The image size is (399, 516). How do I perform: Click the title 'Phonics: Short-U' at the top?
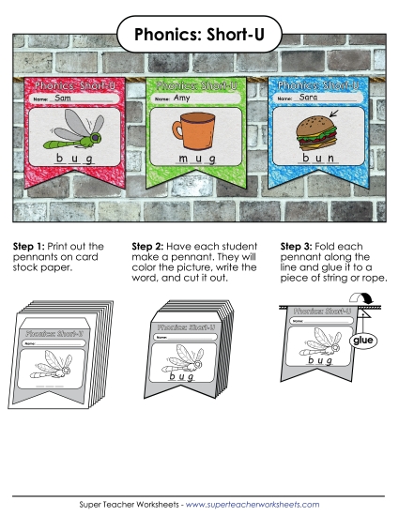click(199, 35)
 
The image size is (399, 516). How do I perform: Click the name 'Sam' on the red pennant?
click(63, 98)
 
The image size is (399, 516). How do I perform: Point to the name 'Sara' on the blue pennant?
click(308, 96)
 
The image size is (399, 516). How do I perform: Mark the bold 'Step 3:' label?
click(299, 246)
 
